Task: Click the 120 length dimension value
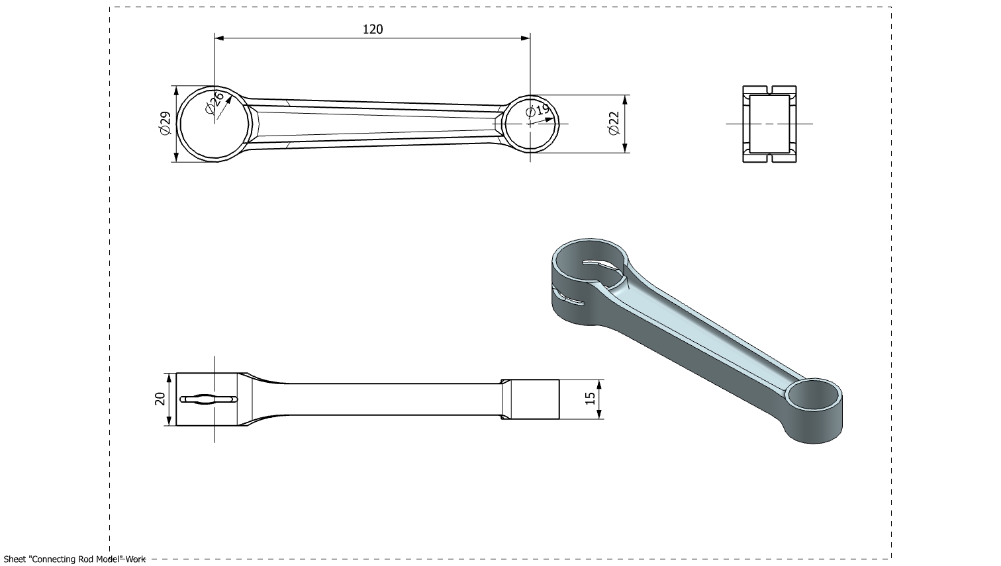point(373,30)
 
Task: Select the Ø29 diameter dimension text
point(165,123)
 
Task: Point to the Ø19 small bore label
point(538,110)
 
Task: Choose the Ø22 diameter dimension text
point(614,123)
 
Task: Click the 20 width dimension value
point(160,399)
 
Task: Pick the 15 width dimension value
point(590,399)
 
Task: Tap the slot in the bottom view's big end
point(209,399)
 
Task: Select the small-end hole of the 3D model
point(814,395)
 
